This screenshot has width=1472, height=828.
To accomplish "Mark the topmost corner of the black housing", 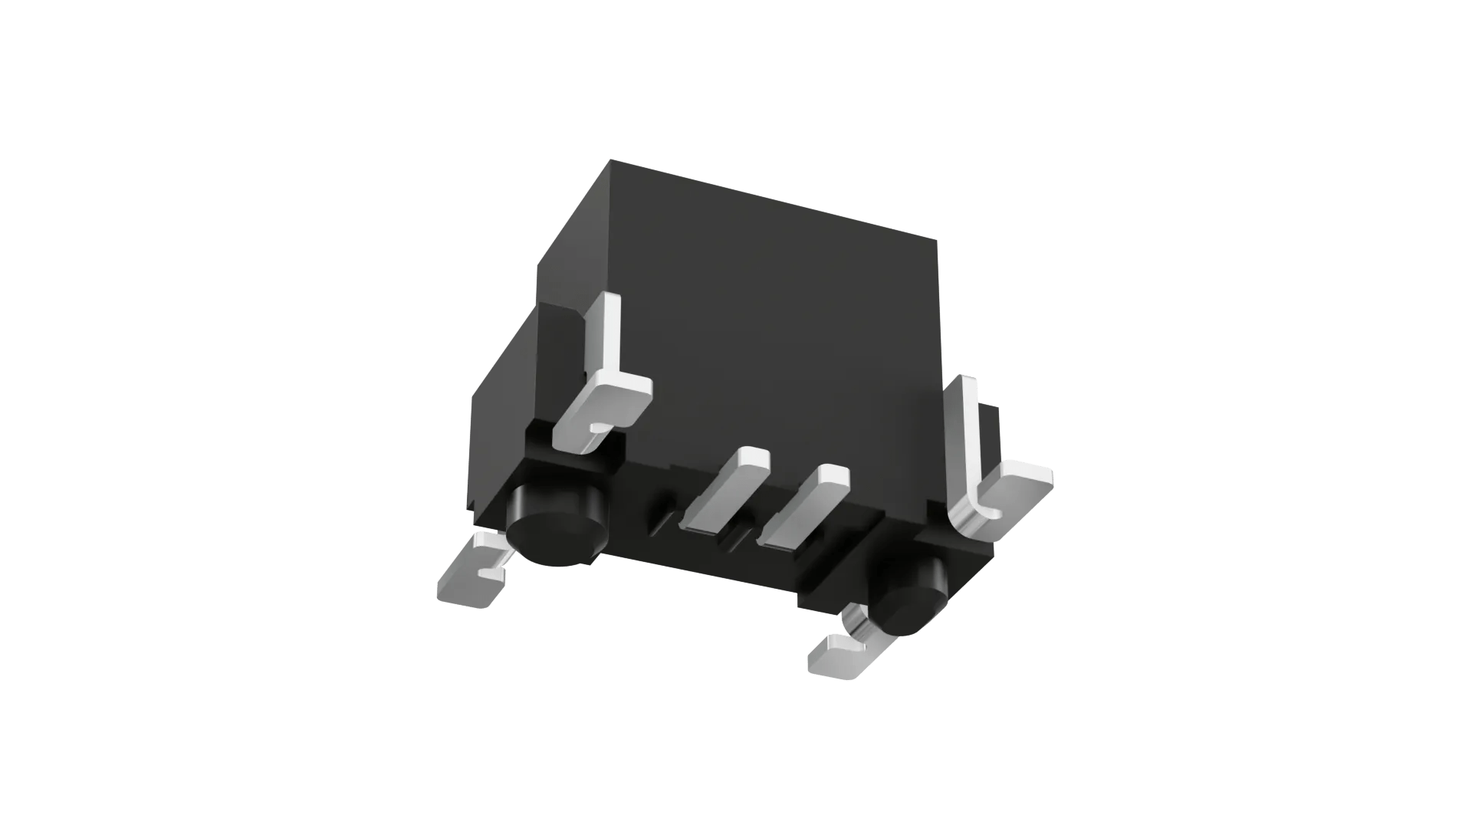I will tap(611, 160).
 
